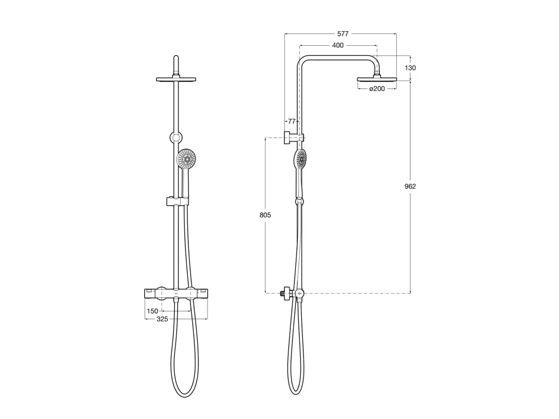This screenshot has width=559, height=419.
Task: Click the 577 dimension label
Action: point(342,34)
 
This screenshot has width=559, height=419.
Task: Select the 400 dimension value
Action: point(338,45)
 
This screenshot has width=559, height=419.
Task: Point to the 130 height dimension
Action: point(411,68)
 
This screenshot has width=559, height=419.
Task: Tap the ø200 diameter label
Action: point(377,88)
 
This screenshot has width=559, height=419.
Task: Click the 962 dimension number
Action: point(410,187)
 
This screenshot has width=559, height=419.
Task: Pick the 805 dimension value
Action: point(265,216)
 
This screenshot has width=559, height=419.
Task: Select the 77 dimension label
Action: point(292,121)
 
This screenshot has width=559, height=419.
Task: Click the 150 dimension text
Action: point(152,312)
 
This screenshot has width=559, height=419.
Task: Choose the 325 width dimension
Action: point(162,319)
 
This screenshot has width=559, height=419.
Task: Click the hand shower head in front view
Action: point(187,159)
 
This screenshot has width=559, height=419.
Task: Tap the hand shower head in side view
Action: point(301,159)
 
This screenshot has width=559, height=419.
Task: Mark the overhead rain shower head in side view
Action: point(377,79)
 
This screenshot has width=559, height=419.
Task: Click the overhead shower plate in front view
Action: point(176,80)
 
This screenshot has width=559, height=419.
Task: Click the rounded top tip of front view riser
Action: point(176,57)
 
